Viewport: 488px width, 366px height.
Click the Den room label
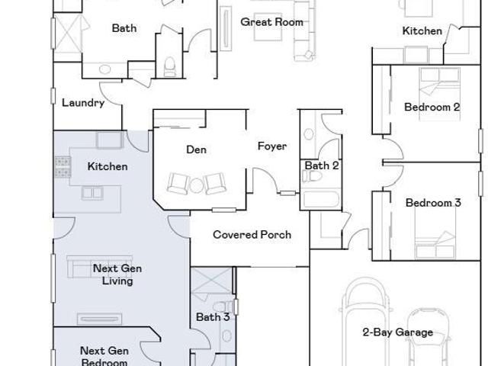point(196,149)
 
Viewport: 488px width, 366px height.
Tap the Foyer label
point(272,146)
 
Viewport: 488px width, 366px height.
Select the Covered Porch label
point(252,235)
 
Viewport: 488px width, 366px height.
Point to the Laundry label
point(83,103)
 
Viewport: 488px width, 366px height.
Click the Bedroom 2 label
point(432,107)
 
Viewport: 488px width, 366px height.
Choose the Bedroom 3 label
point(433,203)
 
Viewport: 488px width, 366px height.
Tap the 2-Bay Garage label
point(398,332)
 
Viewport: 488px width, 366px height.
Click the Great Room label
point(272,22)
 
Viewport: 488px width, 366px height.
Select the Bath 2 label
point(322,165)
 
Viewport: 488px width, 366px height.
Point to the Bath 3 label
point(213,317)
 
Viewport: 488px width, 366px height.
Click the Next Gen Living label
point(117,274)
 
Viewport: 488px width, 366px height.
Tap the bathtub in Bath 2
point(321,199)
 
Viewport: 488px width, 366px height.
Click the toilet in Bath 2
point(312,176)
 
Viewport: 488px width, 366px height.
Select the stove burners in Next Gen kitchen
point(63,167)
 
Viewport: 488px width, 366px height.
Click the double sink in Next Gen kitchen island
point(92,193)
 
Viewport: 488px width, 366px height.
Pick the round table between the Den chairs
point(197,185)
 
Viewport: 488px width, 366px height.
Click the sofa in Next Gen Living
point(100,266)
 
